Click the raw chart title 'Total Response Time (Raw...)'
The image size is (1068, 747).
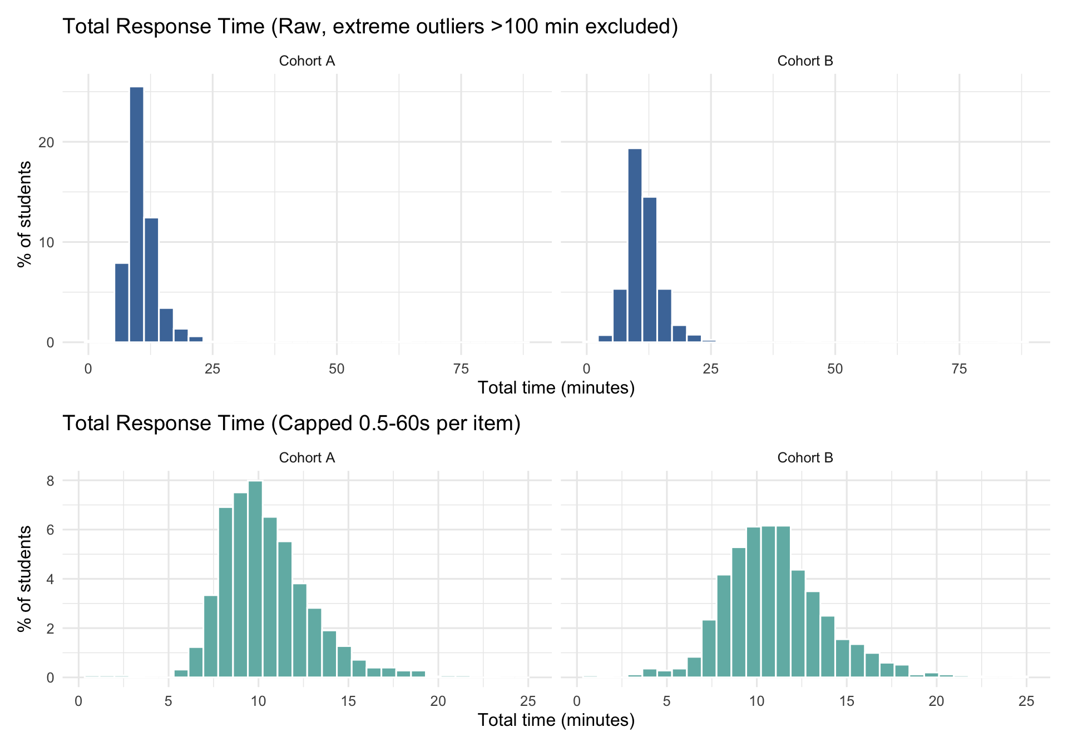[x=370, y=26]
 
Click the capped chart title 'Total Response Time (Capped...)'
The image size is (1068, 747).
[x=291, y=423]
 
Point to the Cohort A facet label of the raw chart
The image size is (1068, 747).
[x=307, y=61]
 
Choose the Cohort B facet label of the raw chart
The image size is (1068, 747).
[x=805, y=61]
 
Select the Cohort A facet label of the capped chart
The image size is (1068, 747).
[x=307, y=457]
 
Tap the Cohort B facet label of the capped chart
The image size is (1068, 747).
[x=805, y=457]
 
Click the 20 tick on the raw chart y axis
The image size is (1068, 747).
[x=47, y=142]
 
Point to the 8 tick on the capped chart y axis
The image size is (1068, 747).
[x=51, y=481]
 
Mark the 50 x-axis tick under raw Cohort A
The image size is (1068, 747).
[x=337, y=368]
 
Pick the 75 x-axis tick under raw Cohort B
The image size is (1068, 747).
[x=959, y=368]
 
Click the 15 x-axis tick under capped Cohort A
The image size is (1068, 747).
[x=348, y=701]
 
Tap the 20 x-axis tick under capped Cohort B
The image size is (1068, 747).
[x=936, y=701]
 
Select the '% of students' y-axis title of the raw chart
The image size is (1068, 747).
[x=24, y=214]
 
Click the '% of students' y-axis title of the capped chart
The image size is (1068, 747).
[x=24, y=579]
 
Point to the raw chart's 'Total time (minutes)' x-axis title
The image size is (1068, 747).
[x=556, y=387]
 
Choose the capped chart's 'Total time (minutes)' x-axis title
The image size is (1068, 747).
[x=556, y=720]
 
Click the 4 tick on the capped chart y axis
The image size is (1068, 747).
[x=51, y=579]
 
